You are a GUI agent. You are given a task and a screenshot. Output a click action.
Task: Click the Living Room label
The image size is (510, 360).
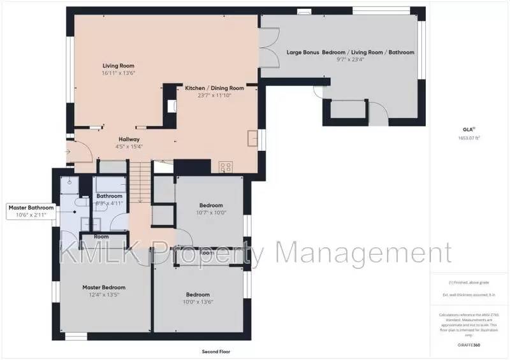[x=119, y=66]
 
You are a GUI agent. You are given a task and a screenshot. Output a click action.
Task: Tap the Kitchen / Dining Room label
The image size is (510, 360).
[x=214, y=88]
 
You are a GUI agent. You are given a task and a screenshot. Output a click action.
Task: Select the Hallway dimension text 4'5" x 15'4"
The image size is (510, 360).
[x=129, y=147]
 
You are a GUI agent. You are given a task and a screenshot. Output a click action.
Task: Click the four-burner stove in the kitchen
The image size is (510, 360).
[x=226, y=167]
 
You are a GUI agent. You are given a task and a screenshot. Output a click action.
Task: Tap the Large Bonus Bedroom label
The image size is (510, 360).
[x=350, y=52]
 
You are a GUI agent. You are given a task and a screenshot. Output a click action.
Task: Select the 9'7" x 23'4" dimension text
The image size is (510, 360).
[x=350, y=61]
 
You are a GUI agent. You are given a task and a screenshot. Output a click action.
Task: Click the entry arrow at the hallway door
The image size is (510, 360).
[x=68, y=152]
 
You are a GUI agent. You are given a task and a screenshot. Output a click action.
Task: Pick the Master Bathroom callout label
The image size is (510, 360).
[x=31, y=208]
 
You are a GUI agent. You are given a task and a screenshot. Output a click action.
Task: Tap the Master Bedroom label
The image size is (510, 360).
[x=104, y=287]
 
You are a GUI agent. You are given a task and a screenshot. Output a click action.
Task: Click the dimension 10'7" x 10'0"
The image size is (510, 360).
[x=211, y=213]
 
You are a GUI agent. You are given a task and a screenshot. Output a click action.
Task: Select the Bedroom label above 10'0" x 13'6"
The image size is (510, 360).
[x=198, y=294]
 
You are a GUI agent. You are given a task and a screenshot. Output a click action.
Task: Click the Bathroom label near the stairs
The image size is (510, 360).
[x=110, y=196]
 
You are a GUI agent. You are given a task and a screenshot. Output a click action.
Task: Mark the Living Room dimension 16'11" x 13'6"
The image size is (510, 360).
[x=119, y=73]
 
